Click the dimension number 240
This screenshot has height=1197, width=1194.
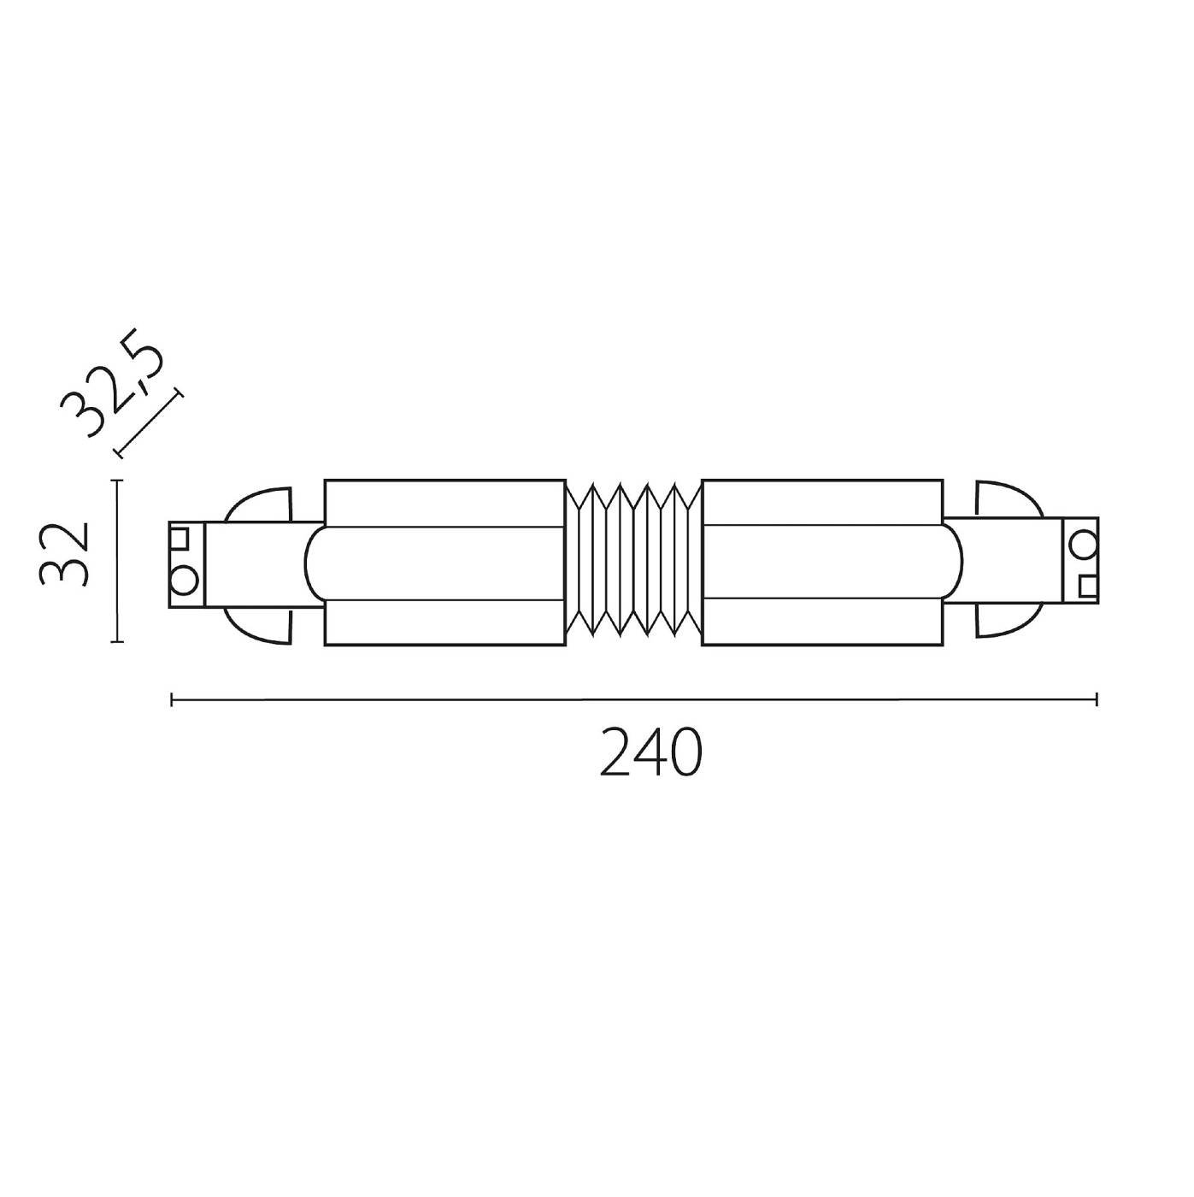pos(651,753)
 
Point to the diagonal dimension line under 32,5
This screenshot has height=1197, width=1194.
pos(149,423)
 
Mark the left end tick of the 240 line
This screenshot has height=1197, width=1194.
pos(173,700)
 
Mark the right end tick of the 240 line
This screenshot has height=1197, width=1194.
pos(1097,700)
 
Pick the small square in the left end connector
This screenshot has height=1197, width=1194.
pos(179,539)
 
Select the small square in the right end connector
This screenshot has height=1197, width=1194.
pos(1088,586)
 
